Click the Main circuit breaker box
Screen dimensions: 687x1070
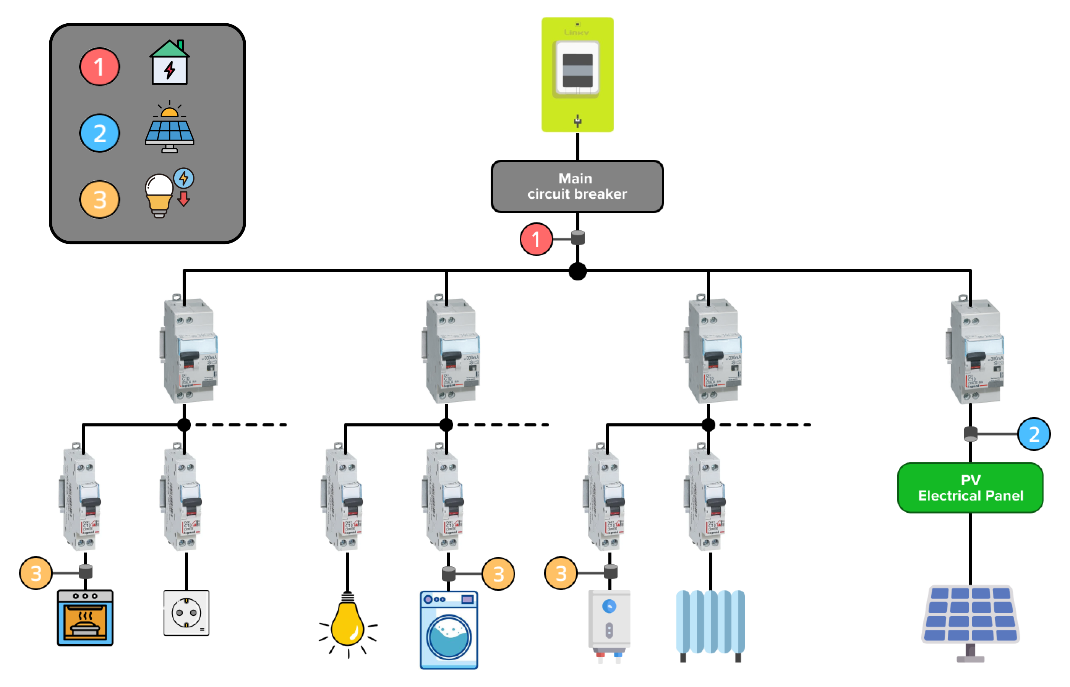577,186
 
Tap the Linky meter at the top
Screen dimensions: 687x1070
577,75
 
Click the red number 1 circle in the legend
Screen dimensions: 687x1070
99,66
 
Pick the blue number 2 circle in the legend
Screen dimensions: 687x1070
99,133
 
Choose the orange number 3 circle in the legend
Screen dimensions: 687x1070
99,199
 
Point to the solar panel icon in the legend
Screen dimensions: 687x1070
169,128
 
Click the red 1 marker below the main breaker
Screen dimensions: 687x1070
536,239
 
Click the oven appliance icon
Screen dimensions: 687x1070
85,617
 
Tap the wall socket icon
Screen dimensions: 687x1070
186,612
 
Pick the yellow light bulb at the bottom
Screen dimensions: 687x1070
348,625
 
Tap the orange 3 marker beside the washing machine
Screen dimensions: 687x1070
498,574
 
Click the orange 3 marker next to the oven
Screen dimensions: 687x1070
36,573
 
